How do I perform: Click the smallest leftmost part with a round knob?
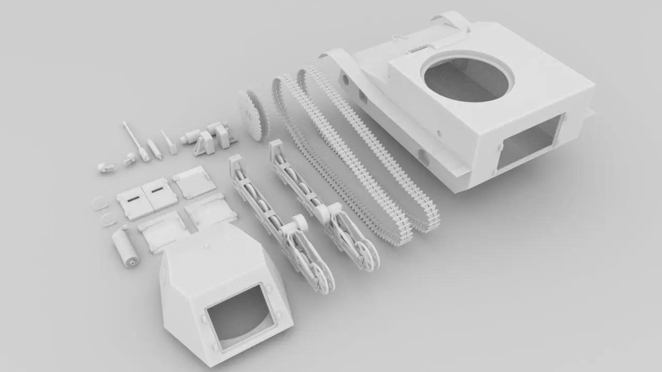pyautogui.click(x=105, y=168)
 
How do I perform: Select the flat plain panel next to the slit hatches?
pyautogui.click(x=194, y=181)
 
